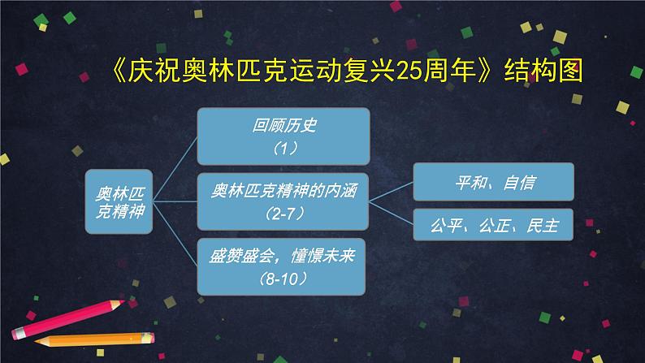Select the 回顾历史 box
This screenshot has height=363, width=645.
[x=284, y=135]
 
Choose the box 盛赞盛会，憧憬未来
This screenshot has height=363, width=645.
[x=284, y=265]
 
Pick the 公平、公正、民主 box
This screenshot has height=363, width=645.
[x=494, y=223]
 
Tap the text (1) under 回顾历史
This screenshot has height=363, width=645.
[x=284, y=148]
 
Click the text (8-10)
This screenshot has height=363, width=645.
[x=284, y=278]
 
